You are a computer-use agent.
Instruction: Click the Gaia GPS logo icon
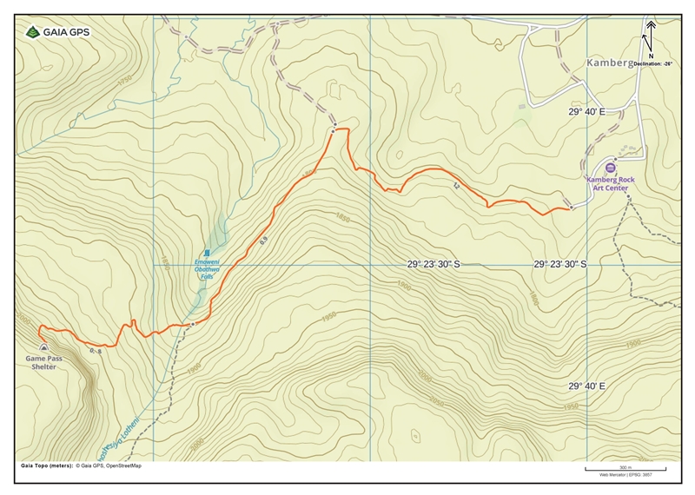32,32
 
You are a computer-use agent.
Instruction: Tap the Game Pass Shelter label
41,362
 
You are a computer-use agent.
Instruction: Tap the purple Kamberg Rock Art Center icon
610,168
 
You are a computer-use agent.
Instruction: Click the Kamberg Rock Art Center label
609,183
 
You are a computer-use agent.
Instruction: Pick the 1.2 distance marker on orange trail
454,186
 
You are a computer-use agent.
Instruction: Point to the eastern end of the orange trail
572,209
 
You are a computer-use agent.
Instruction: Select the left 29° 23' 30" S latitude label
446,264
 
